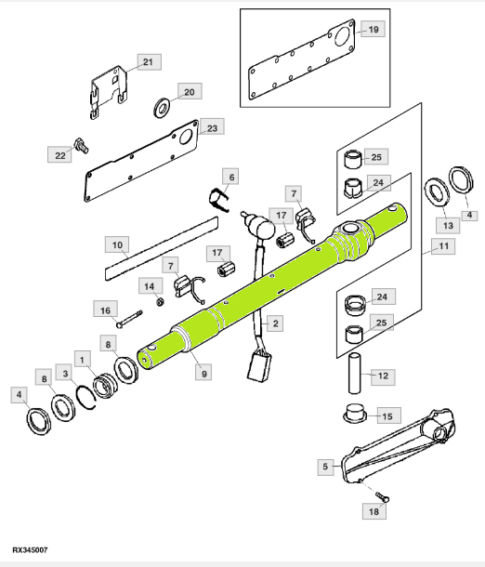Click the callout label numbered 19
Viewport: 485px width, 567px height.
(374, 30)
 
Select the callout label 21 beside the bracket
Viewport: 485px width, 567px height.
(149, 62)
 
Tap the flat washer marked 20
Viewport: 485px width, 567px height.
(163, 108)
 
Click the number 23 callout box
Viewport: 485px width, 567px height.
(212, 127)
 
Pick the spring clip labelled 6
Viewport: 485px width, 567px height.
(218, 201)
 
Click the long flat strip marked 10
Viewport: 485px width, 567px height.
(162, 248)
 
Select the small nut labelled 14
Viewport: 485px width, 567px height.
(161, 301)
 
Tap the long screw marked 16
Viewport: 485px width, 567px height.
(129, 319)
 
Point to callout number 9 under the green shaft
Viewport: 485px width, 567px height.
(203, 373)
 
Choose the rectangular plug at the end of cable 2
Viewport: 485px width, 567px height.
(259, 367)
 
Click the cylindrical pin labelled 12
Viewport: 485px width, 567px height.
(355, 373)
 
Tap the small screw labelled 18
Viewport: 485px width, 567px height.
(382, 497)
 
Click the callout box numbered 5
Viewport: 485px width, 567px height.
(325, 467)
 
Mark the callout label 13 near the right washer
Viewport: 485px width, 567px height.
(448, 226)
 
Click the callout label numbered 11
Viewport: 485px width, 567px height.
(443, 246)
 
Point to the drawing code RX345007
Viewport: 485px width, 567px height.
(30, 550)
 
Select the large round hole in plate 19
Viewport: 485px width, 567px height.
(342, 35)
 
